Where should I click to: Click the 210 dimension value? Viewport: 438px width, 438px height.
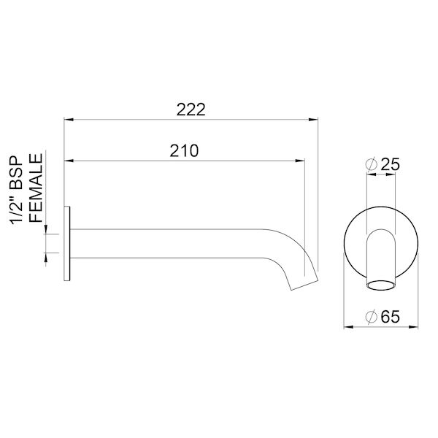point(184,150)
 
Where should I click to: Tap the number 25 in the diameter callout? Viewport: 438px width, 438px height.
point(391,166)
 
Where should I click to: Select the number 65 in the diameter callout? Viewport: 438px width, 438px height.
point(391,316)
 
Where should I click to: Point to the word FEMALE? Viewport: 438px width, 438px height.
point(35,188)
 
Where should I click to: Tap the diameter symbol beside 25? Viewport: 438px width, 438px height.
point(371,166)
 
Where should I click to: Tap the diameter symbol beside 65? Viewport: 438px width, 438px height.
point(371,316)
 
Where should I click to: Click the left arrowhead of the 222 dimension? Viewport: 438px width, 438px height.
point(68,118)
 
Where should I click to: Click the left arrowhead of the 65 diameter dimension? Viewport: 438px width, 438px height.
point(347,326)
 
